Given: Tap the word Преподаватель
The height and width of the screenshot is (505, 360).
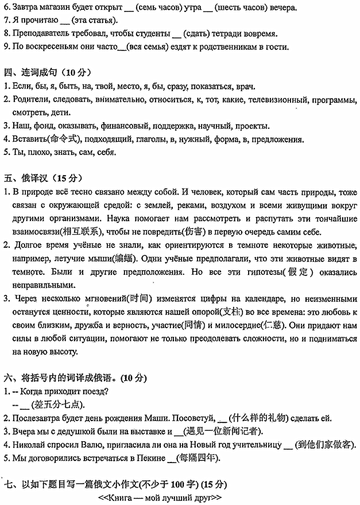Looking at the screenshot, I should pos(40,33).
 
